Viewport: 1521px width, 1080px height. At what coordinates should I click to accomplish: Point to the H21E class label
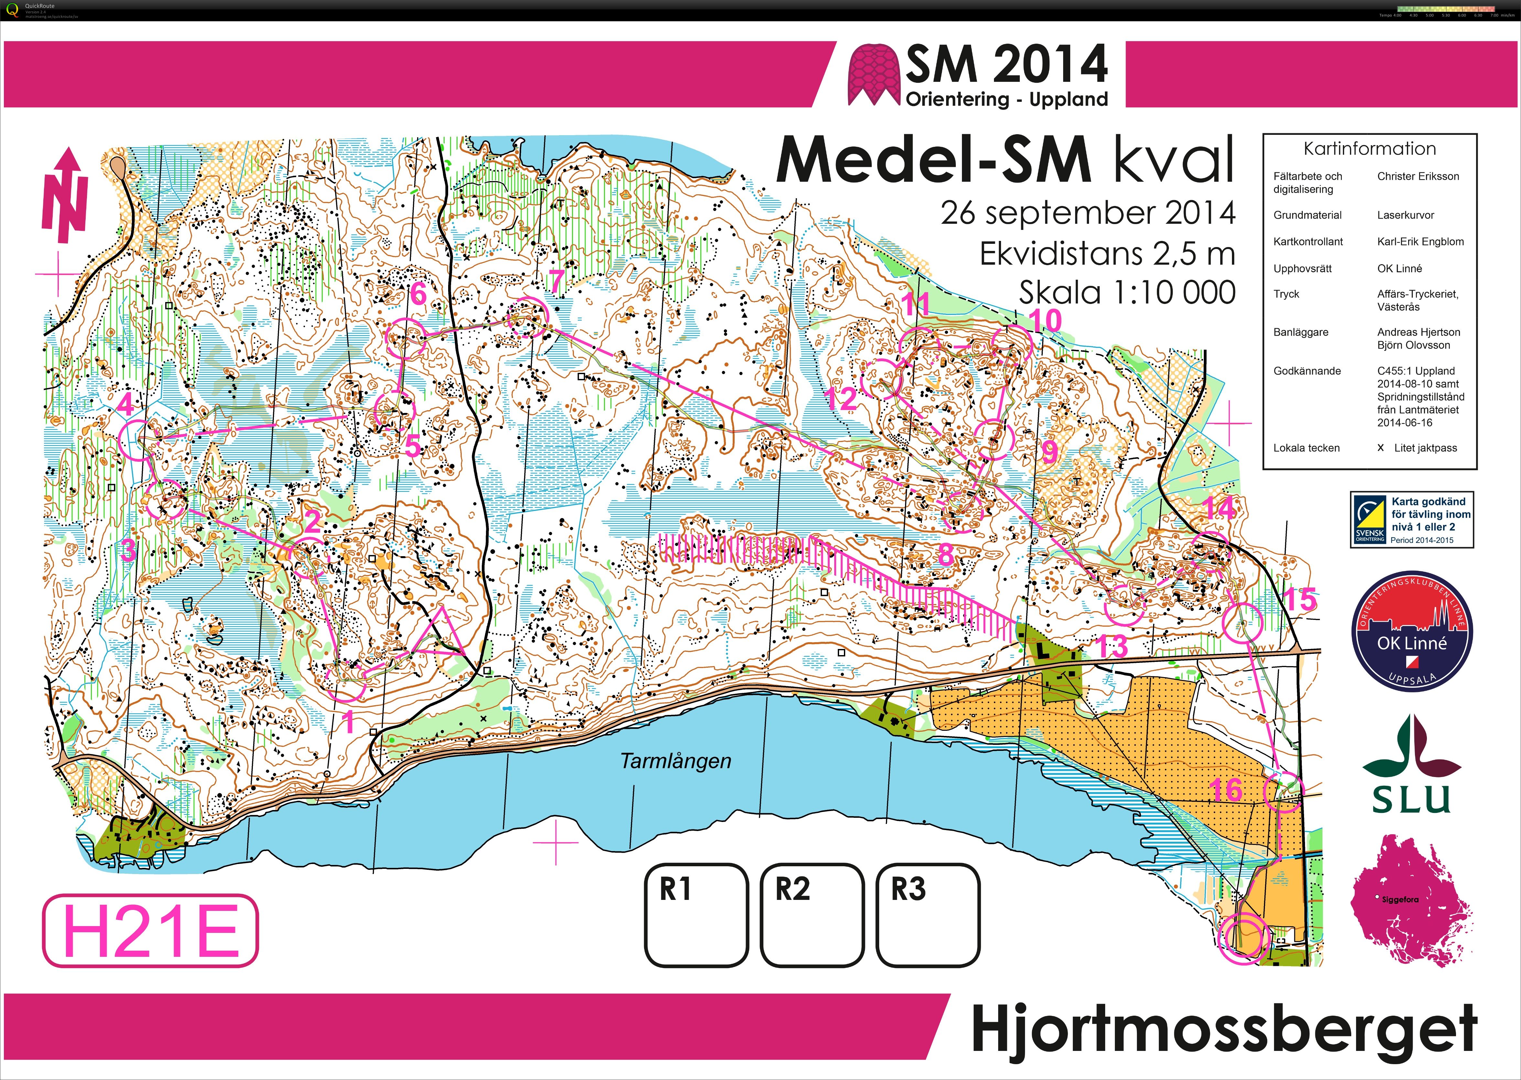150,930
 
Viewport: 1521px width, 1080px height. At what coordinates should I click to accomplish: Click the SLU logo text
1411,799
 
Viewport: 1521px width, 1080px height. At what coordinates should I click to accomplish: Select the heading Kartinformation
1369,149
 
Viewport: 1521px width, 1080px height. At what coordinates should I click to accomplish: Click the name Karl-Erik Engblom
1420,242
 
